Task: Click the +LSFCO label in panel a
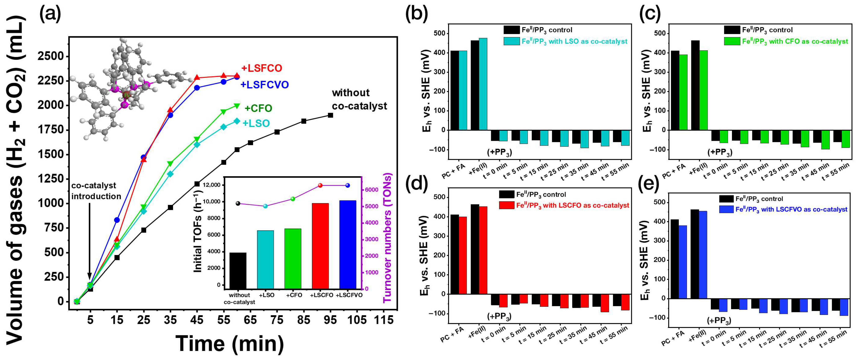[262, 68]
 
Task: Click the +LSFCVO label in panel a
[265, 85]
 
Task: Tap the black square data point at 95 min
[330, 115]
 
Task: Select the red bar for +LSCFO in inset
[320, 246]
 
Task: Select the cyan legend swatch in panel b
[511, 41]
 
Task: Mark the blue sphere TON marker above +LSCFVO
[348, 185]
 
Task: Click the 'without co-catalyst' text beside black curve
[359, 99]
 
